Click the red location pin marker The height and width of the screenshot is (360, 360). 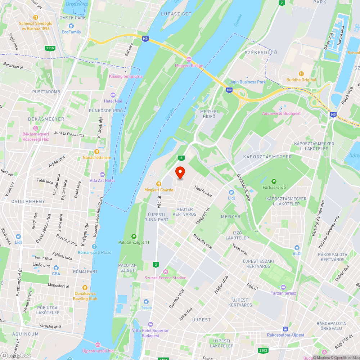coord(180,173)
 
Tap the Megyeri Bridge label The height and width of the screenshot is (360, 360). coord(189,66)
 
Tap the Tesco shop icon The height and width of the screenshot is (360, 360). coord(146,301)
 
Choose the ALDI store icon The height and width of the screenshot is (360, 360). coord(297,248)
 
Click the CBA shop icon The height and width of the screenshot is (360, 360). coord(56,268)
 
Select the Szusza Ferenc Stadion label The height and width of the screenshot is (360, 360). coord(166,278)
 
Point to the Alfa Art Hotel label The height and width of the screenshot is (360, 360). coord(102,180)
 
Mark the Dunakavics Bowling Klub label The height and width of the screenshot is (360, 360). coord(85,296)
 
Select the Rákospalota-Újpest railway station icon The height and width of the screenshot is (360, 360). coord(285,329)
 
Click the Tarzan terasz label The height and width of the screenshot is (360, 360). coord(283,293)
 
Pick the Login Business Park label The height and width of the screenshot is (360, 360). coord(247,82)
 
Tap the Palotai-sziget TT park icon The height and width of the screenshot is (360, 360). coord(134,237)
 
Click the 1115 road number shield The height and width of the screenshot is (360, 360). coord(50,48)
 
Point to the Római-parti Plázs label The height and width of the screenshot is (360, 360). coord(94,252)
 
